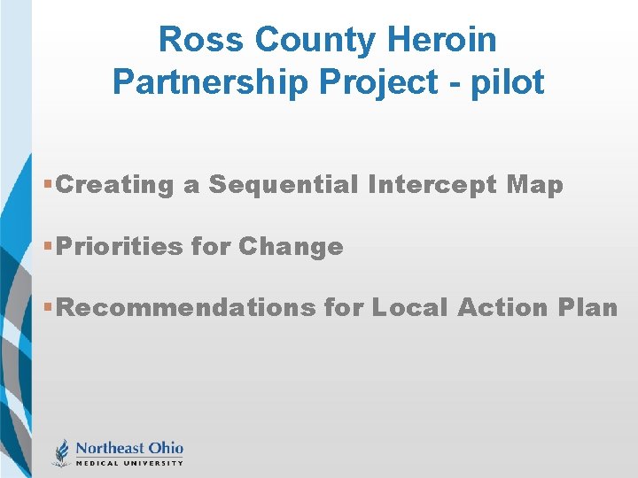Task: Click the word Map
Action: (x=535, y=185)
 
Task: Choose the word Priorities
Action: (x=120, y=246)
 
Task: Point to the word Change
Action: (x=291, y=246)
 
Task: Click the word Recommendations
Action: (x=185, y=307)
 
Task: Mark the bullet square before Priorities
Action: (x=48, y=246)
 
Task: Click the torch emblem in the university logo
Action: (x=61, y=452)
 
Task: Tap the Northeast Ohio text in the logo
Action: (x=129, y=448)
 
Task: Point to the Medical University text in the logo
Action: (x=129, y=463)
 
